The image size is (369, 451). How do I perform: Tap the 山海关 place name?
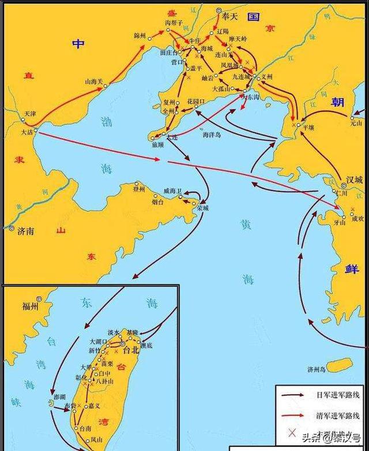tap(93, 82)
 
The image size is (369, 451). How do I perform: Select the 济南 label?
tap(27, 230)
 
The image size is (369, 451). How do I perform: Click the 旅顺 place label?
tap(158, 144)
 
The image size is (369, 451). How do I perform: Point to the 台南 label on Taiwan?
tap(85, 428)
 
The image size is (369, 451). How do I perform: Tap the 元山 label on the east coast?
tap(356, 123)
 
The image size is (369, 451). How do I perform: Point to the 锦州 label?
tap(140, 36)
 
